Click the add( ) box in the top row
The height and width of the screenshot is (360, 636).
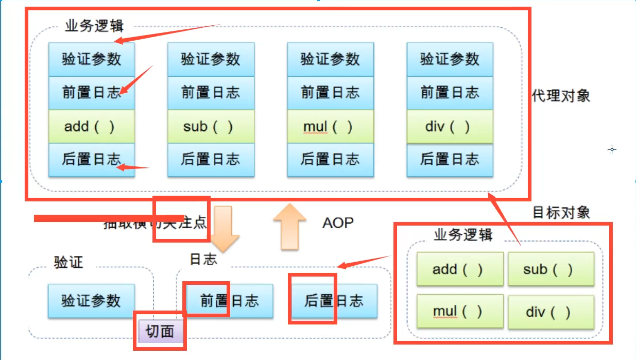click(92, 126)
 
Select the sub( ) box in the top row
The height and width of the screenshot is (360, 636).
click(211, 126)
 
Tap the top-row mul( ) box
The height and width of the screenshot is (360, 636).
click(330, 126)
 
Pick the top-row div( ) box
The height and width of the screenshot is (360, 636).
click(450, 126)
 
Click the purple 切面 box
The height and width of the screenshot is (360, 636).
click(160, 331)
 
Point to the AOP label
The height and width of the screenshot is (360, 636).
click(338, 223)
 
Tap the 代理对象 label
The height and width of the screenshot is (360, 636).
click(561, 96)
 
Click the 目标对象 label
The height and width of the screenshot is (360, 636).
click(561, 212)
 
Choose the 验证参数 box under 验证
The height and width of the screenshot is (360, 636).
click(91, 300)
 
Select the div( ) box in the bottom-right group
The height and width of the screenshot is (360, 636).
click(551, 312)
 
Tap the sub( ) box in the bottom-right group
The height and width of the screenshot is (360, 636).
click(551, 269)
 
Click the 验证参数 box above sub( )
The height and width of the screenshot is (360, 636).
click(211, 59)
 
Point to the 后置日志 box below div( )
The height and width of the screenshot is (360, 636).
click(450, 160)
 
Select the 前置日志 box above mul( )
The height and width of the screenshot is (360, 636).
click(330, 93)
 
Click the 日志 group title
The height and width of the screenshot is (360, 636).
click(203, 260)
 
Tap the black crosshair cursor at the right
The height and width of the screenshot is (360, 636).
click(612, 150)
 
